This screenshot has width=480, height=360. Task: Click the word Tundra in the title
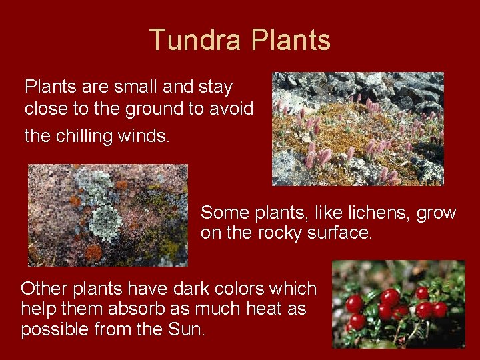195,40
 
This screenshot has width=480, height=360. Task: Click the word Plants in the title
291,40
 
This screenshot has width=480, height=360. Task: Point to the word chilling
84,135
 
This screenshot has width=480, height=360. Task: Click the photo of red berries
398,304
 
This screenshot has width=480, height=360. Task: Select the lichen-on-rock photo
108,215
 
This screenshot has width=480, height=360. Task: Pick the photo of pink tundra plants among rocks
357,129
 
